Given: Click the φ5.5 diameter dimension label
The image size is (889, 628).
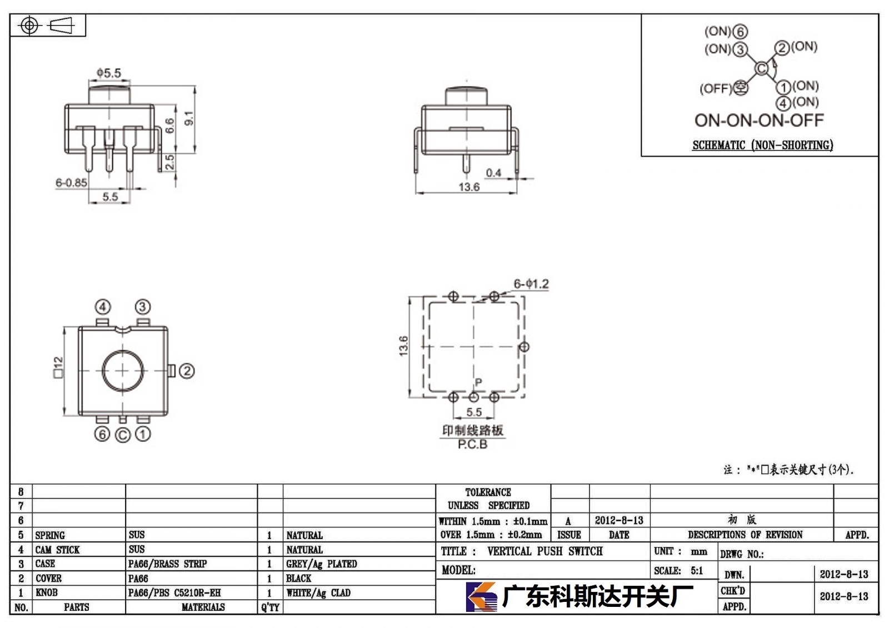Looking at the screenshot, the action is (x=109, y=73).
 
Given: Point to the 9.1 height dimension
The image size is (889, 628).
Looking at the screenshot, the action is (x=189, y=118).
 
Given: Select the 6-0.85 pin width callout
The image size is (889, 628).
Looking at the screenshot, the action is (x=71, y=183).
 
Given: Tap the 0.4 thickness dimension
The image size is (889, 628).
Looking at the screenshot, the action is (x=493, y=173).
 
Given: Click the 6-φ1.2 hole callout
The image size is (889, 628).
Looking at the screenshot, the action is (x=531, y=284).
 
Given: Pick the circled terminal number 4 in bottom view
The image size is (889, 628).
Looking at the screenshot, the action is (x=103, y=307).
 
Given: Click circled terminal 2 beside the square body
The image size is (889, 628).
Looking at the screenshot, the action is (x=187, y=371).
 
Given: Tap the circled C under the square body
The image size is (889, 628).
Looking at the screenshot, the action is (x=123, y=435).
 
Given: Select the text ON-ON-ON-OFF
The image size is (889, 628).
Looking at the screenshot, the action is (x=759, y=120).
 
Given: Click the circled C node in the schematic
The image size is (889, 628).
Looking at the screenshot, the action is (x=761, y=69).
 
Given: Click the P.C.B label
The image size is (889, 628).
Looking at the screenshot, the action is (x=472, y=444).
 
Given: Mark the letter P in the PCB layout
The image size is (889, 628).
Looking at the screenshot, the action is (x=478, y=382).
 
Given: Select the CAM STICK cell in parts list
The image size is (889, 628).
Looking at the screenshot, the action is (x=57, y=550).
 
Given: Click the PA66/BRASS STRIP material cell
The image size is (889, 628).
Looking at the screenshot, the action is (x=167, y=564).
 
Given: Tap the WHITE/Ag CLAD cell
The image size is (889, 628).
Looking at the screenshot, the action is (x=318, y=592).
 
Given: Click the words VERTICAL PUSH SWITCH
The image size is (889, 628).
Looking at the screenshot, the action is (x=545, y=551).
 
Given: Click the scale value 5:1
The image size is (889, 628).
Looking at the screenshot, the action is (x=697, y=570).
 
